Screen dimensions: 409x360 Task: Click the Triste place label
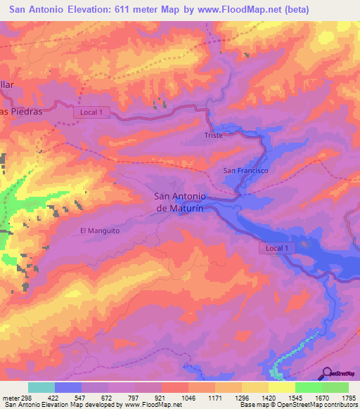[213, 135]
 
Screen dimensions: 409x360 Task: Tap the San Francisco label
[245, 171]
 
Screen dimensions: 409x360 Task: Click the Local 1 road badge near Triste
[92, 112]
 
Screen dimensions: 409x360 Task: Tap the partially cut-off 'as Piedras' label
[22, 111]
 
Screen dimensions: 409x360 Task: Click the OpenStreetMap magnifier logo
[326, 374]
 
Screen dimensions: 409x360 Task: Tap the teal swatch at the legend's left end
[41, 387]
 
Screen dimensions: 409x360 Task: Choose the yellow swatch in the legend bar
[282, 387]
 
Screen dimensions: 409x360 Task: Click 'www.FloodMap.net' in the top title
[232, 10]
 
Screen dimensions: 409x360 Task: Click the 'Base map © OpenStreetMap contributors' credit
[298, 404]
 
